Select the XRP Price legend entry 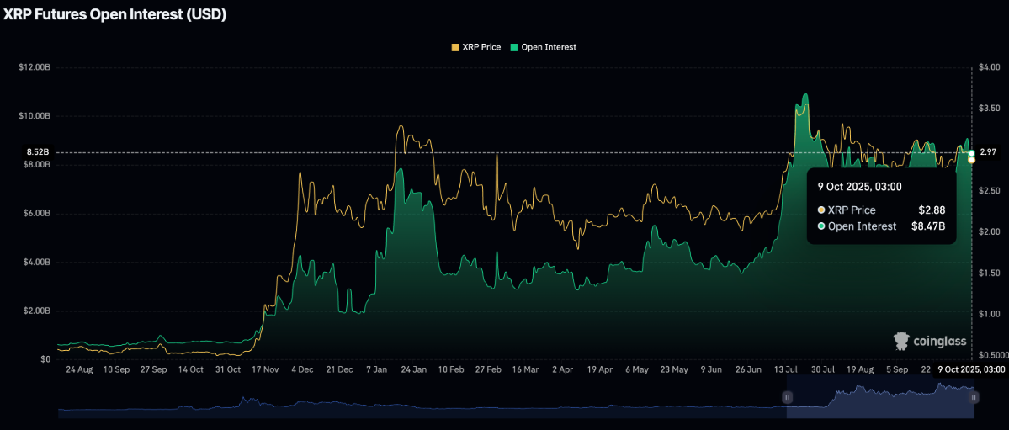[x=476, y=47]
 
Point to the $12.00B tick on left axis [x=34, y=67]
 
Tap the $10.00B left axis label [x=34, y=116]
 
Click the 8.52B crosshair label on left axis [x=38, y=152]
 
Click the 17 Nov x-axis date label [x=265, y=369]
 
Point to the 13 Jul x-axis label [x=787, y=369]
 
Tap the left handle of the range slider [x=788, y=397]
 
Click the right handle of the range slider [x=974, y=397]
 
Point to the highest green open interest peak [x=806, y=94]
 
